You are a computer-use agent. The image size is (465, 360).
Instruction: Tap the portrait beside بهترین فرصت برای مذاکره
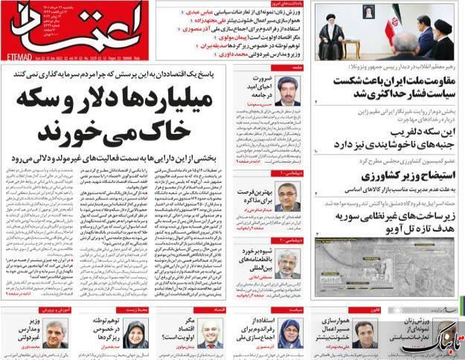tap(288, 186)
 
